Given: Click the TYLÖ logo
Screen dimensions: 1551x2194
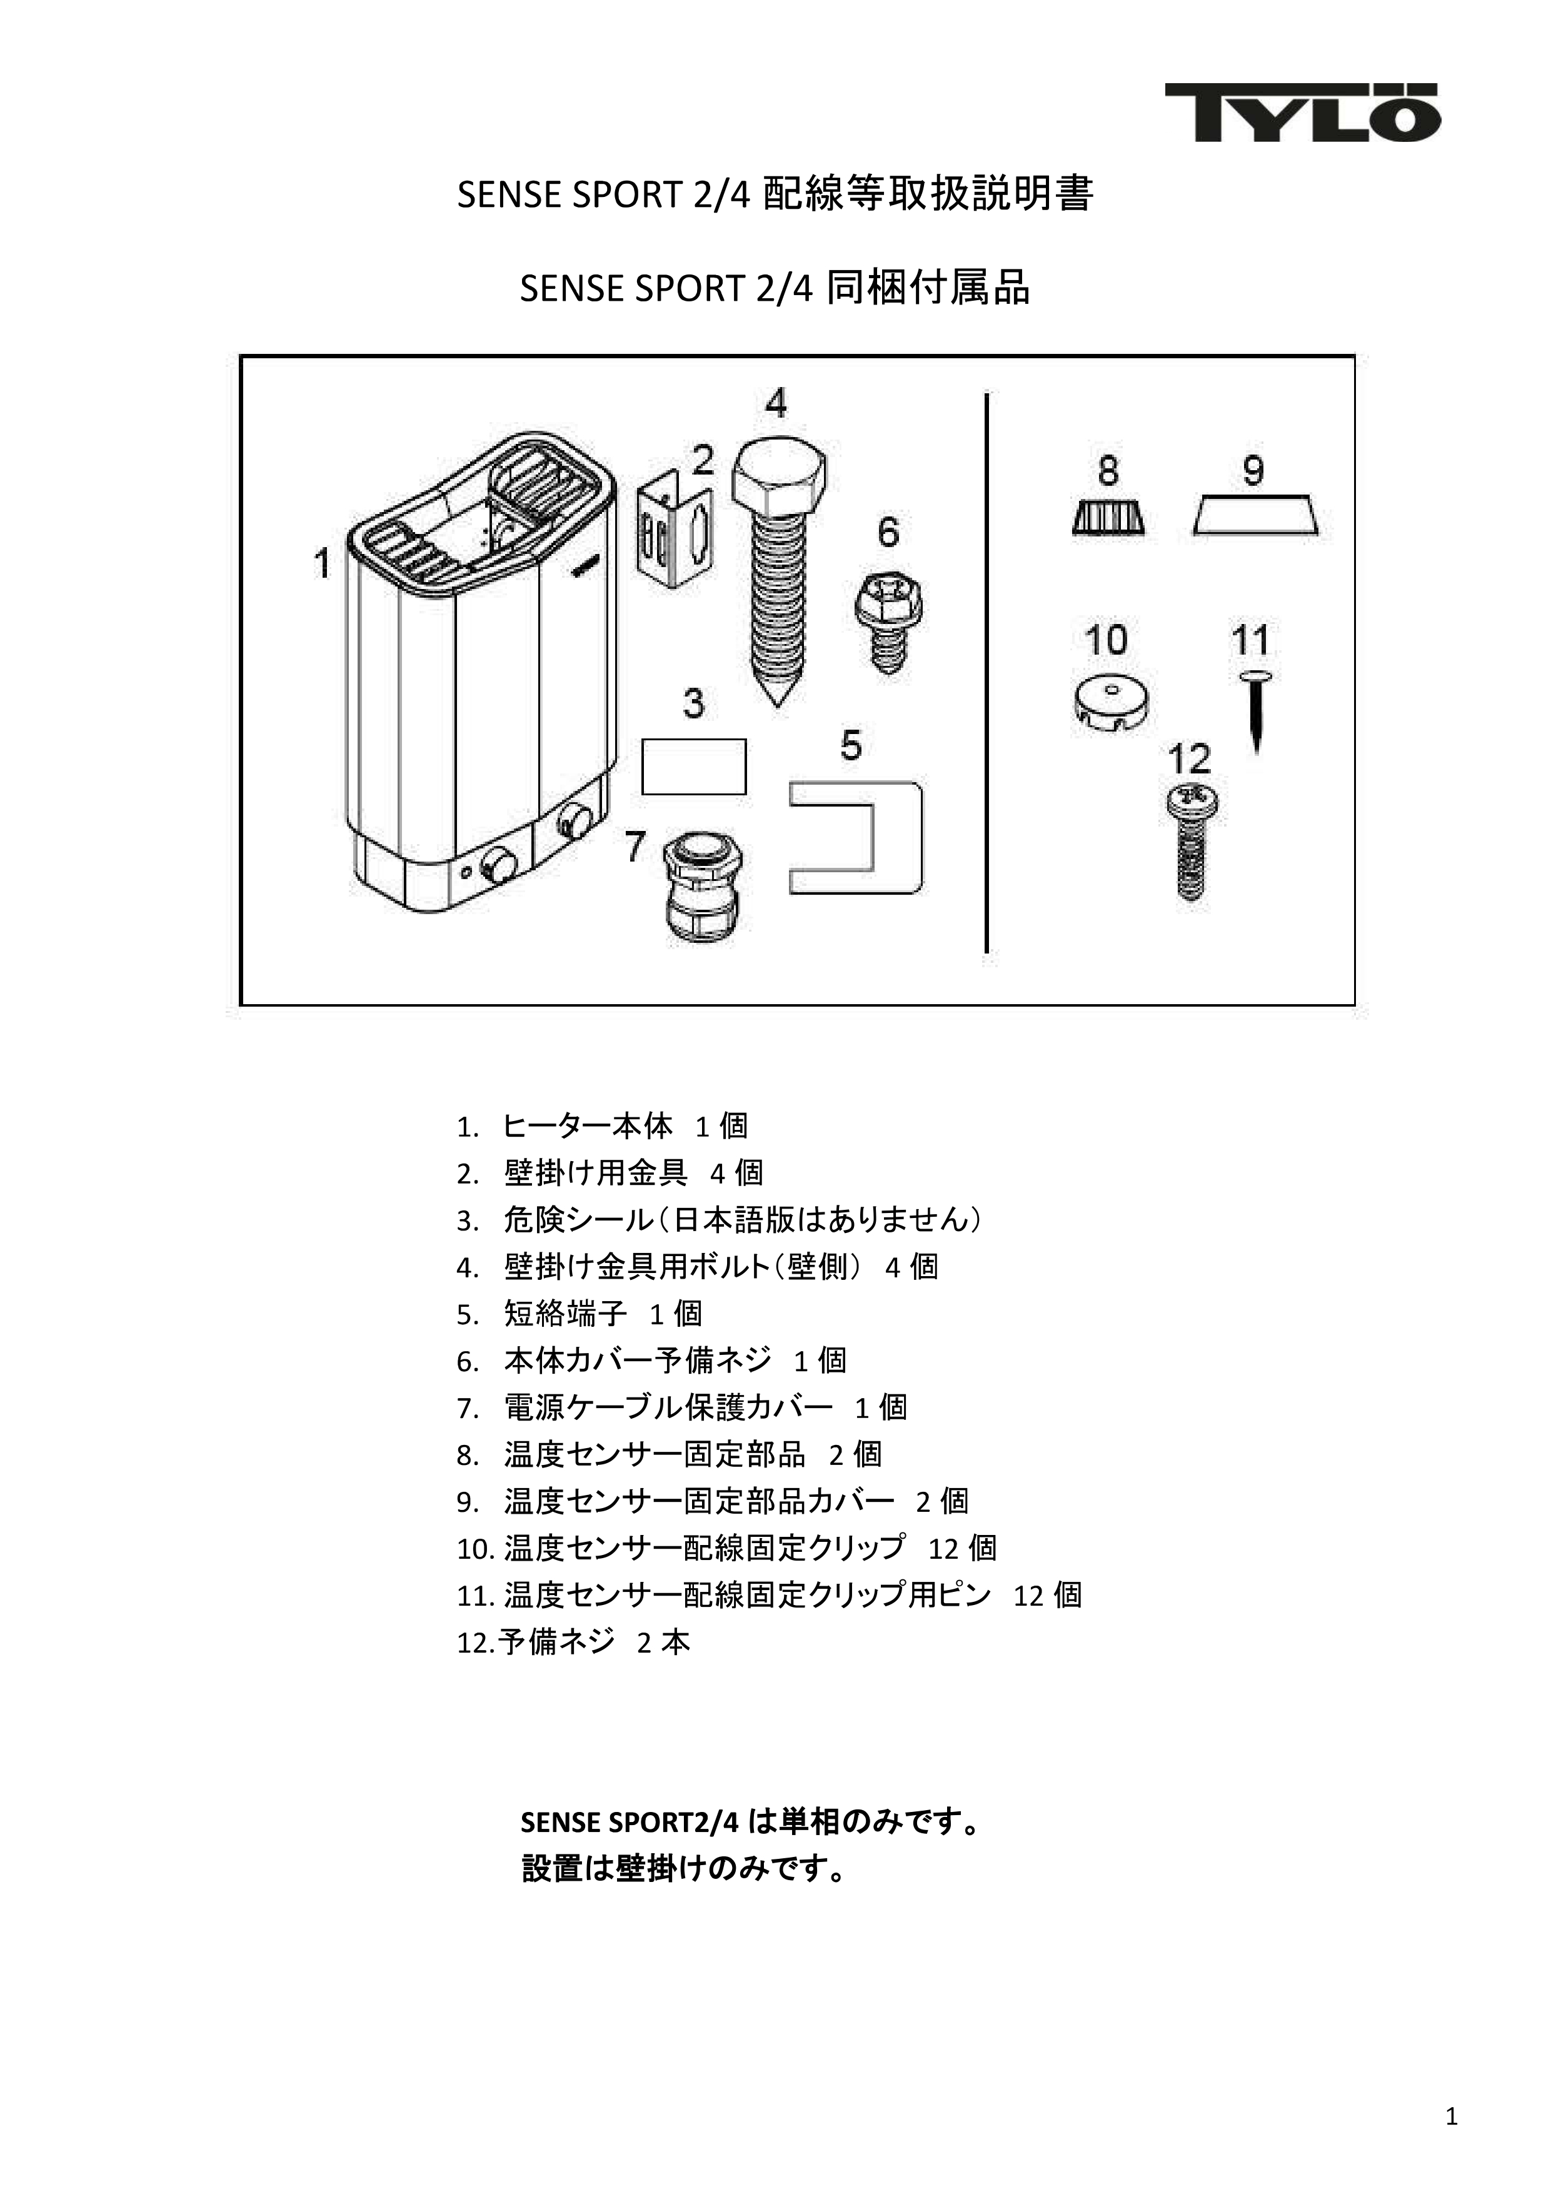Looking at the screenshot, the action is tap(1302, 113).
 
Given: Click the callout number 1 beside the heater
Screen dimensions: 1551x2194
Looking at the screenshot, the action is tap(322, 563).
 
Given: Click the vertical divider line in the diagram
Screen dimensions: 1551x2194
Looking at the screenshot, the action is tap(986, 672).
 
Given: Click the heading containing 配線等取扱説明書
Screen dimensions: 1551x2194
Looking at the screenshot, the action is tap(775, 194).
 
